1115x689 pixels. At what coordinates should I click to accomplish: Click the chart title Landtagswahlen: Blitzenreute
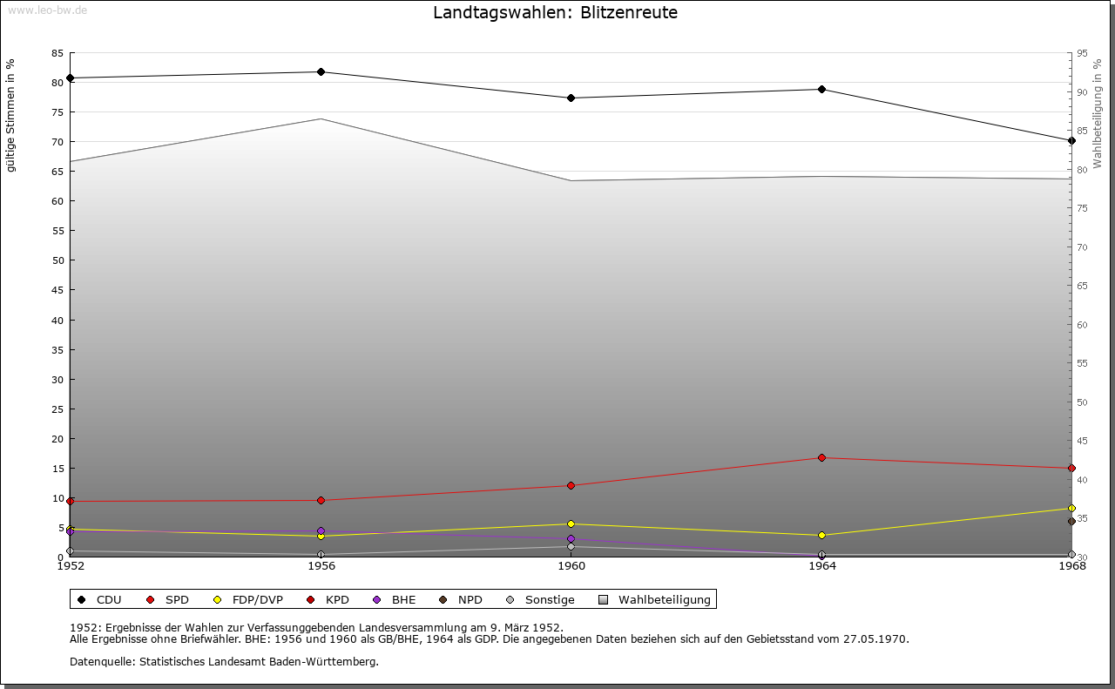(555, 13)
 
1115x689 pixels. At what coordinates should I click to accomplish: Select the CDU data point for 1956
(321, 71)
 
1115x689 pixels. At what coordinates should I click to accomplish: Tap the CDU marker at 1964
(821, 89)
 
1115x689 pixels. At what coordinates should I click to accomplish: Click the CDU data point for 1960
(571, 98)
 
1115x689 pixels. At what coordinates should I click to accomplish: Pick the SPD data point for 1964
(821, 457)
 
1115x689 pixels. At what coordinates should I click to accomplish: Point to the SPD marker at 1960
(571, 485)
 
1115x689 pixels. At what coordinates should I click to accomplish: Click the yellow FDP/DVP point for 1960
(571, 524)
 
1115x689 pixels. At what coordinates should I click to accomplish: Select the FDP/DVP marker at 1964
(821, 535)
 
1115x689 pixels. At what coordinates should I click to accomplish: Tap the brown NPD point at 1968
(1071, 521)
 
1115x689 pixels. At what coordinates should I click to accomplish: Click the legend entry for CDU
(99, 599)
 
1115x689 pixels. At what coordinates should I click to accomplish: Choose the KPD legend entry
(328, 599)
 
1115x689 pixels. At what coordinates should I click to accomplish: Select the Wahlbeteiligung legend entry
(655, 599)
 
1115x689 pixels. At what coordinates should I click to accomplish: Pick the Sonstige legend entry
(540, 599)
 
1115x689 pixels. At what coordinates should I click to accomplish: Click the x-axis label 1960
(571, 566)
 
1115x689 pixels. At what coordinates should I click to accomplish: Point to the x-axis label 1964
(821, 566)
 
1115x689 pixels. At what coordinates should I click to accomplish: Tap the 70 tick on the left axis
(57, 141)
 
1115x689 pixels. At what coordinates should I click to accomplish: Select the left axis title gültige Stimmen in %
(10, 115)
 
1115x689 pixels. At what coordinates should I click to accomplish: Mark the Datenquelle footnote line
(224, 661)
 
